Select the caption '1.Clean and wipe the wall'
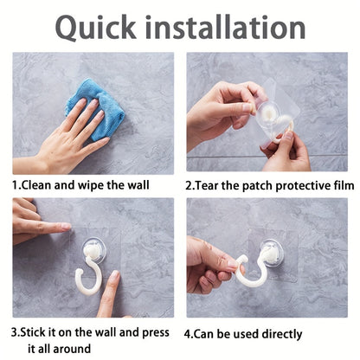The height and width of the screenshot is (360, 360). [x=80, y=185]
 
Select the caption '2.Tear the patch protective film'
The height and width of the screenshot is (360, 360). [x=269, y=185]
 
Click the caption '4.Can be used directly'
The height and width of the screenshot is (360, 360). [x=243, y=333]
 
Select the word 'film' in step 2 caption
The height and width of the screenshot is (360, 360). [x=342, y=185]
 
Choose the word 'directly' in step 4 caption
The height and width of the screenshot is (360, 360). [x=280, y=333]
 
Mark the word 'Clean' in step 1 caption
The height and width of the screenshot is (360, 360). [x=38, y=185]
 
